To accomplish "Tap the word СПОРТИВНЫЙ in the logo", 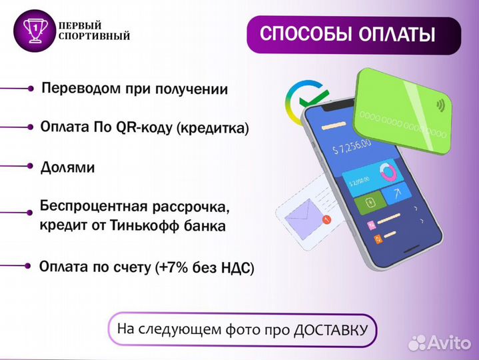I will pyautogui.click(x=94, y=35).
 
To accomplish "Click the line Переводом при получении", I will pyautogui.click(x=134, y=89).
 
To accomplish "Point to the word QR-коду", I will pyautogui.click(x=145, y=128).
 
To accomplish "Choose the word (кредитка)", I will pyautogui.click(x=213, y=128).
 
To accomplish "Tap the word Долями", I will pyautogui.click(x=67, y=167).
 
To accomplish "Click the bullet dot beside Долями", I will pyautogui.click(x=31, y=165).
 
